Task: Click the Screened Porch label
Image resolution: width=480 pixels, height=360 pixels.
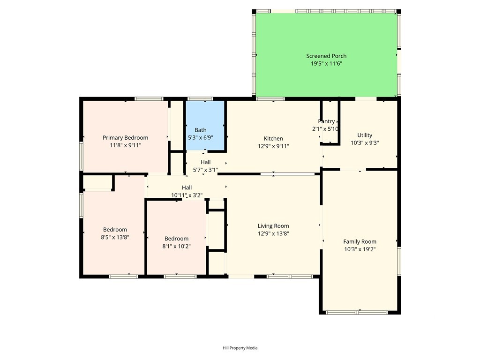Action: (326, 56)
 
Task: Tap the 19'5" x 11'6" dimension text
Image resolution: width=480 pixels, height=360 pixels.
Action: (326, 64)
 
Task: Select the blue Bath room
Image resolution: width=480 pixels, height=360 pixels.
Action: (205, 125)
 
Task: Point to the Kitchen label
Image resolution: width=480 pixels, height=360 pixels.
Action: (273, 139)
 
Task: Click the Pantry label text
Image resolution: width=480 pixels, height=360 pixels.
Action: (326, 121)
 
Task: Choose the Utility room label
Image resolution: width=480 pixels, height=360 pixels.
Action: (365, 135)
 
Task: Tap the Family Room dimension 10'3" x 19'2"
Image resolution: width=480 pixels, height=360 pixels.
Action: (360, 249)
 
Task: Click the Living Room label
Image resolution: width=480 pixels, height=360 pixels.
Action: (273, 226)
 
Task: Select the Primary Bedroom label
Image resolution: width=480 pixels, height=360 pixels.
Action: (125, 138)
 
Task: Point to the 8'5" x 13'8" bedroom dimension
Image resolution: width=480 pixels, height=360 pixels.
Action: (115, 237)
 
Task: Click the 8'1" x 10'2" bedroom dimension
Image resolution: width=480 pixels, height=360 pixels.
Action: (176, 246)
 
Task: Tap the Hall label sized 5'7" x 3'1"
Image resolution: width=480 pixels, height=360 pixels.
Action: (206, 162)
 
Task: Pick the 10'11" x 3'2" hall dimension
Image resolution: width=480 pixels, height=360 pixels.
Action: (187, 195)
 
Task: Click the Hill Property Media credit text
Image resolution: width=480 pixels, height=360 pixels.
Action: (240, 348)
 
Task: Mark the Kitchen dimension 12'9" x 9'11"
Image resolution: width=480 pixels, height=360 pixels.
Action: (273, 146)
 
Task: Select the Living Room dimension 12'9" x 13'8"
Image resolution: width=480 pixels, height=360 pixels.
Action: (273, 233)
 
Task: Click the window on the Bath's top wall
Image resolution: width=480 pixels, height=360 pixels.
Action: (200, 98)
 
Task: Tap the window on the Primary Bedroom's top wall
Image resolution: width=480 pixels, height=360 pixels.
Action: (149, 98)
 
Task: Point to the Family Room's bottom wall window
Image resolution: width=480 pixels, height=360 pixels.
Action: (357, 313)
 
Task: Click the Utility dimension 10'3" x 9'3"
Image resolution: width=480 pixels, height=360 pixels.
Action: (365, 142)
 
